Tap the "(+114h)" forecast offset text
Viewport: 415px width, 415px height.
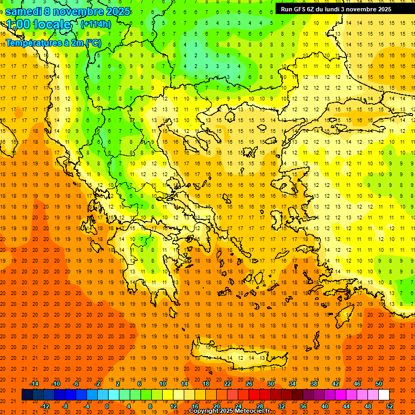(x=96, y=24)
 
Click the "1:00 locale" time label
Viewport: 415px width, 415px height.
(x=39, y=25)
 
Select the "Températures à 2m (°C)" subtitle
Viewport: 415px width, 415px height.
(x=53, y=43)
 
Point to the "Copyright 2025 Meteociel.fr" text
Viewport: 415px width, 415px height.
(x=229, y=411)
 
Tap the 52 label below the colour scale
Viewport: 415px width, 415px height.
(x=389, y=406)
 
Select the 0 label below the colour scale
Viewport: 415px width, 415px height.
(x=107, y=406)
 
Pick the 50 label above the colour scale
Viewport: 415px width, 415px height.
(x=379, y=384)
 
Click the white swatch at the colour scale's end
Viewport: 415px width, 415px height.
(x=384, y=394)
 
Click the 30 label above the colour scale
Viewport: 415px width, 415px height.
(x=271, y=384)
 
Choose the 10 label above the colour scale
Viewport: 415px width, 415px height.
(x=163, y=384)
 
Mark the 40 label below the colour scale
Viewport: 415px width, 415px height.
(x=324, y=406)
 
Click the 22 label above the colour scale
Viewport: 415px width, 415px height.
(x=227, y=384)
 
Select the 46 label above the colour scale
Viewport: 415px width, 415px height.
(x=357, y=384)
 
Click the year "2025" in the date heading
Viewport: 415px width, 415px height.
(x=118, y=11)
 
